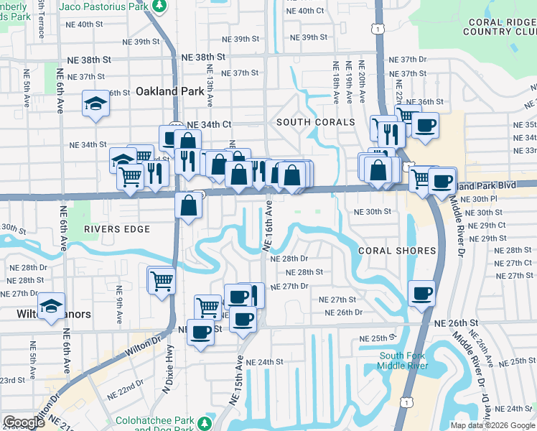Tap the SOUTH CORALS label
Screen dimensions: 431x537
pos(316,122)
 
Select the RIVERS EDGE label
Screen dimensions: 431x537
pos(117,229)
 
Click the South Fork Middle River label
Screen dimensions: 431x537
pos(403,361)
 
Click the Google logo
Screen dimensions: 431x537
pos(24,422)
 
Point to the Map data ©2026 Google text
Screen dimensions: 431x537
pos(492,425)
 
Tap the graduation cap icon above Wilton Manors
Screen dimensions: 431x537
pos(52,305)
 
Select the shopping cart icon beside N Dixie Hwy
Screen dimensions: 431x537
pos(162,279)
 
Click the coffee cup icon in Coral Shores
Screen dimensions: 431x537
pos(421,292)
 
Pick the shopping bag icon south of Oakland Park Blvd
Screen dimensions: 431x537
pos(188,205)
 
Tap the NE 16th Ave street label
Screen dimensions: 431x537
pos(268,226)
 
